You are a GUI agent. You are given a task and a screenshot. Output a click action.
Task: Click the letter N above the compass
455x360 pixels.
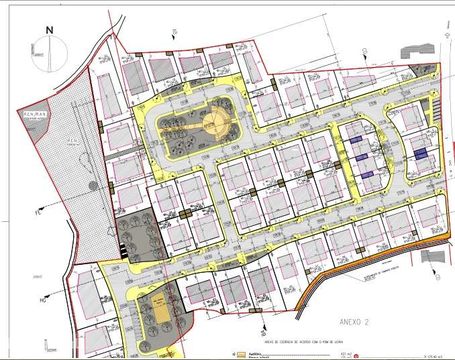pyautogui.click(x=49, y=29)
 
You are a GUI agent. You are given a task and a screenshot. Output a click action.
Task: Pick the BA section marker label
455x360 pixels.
pyautogui.click(x=255, y=329)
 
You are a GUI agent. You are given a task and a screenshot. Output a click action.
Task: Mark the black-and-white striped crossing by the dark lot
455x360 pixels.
pyautogui.click(x=122, y=248)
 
